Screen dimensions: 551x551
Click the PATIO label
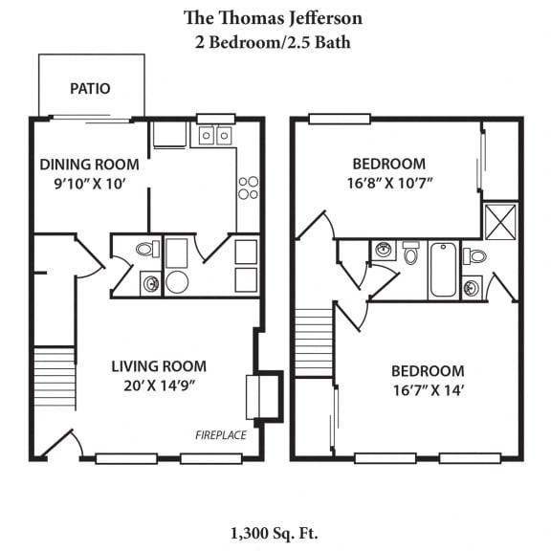tap(90, 89)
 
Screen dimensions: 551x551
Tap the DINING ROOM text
tap(89, 165)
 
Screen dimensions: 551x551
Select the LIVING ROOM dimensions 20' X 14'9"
tap(158, 386)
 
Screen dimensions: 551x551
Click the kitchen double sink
tap(215, 136)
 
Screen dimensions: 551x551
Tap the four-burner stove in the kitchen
tap(248, 187)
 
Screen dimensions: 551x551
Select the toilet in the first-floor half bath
tap(146, 250)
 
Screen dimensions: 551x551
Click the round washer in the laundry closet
tap(177, 282)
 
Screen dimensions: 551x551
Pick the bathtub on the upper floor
tap(442, 269)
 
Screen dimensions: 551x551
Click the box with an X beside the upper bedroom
tap(500, 220)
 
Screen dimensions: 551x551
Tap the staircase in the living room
tap(55, 378)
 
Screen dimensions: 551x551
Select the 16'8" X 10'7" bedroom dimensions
tap(388, 183)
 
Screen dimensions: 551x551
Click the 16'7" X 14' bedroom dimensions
tap(428, 390)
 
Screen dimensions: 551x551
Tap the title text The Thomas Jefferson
tap(273, 18)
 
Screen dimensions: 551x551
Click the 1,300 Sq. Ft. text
tap(274, 532)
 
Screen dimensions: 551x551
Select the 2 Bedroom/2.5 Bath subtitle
tap(273, 42)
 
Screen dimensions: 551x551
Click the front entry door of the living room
tap(59, 445)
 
